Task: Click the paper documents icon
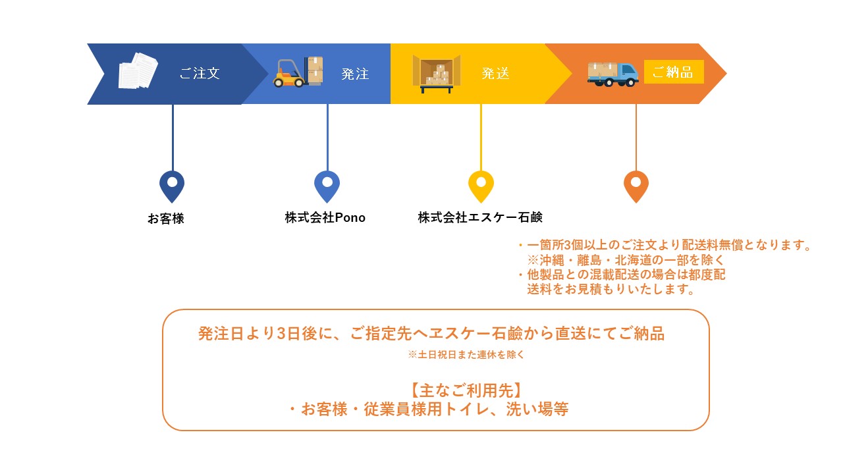[138, 70]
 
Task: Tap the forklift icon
[298, 72]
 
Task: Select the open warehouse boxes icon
[437, 74]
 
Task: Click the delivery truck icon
[612, 74]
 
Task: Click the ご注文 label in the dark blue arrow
[200, 73]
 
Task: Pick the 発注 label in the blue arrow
[355, 74]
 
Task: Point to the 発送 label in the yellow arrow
[495, 73]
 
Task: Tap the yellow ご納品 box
[674, 72]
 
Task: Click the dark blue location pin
[172, 186]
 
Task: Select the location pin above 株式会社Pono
[327, 186]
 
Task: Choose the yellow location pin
[481, 186]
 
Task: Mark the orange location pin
[636, 186]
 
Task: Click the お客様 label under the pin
[165, 219]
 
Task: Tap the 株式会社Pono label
[325, 217]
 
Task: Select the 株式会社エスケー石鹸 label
[480, 217]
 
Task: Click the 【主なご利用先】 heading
[466, 390]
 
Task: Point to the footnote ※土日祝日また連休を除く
[466, 354]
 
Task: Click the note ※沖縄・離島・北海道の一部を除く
[626, 260]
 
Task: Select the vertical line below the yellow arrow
[481, 138]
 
